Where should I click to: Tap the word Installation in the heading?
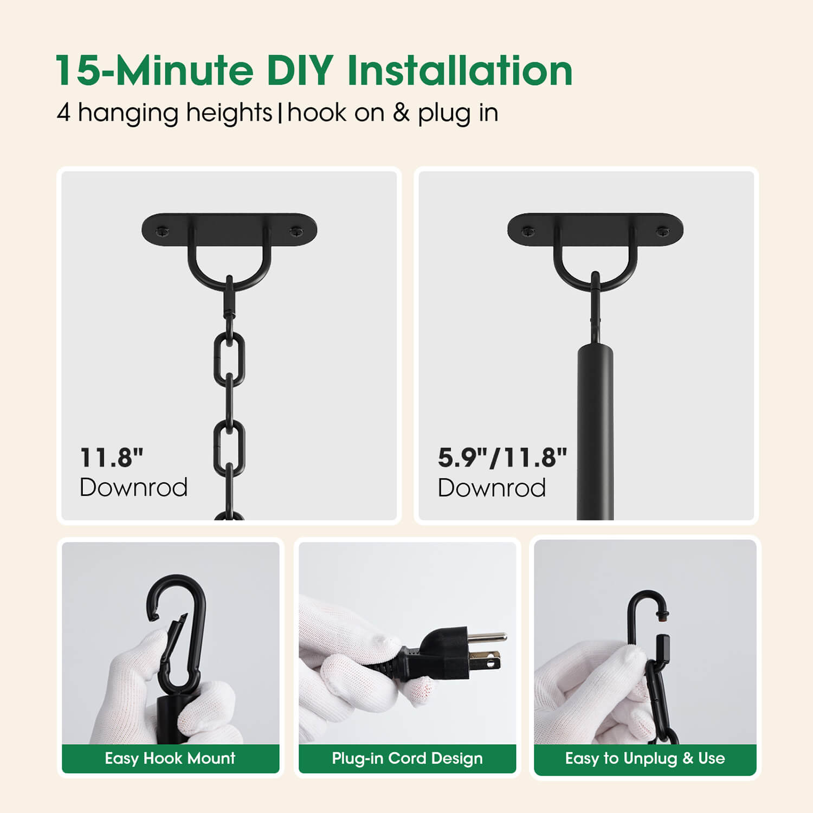[460, 71]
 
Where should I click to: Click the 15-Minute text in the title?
[154, 71]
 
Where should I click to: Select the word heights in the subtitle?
[229, 113]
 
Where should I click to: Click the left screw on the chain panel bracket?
[163, 232]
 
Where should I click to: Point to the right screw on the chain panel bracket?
[296, 232]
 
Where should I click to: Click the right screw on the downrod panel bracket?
[662, 232]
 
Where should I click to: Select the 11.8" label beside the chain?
[112, 458]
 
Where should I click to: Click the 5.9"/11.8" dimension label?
[502, 458]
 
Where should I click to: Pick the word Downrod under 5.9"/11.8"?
[492, 488]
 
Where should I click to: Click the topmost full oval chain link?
[229, 359]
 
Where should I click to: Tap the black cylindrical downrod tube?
[595, 431]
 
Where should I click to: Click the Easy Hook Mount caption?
[170, 758]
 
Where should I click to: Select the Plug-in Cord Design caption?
[407, 758]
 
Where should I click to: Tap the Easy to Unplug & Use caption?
[645, 758]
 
